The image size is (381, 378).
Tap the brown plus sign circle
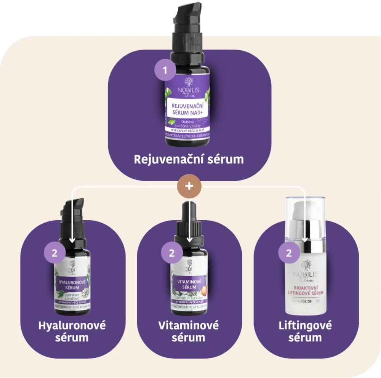tap(189, 187)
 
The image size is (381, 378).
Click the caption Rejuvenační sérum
tap(189, 159)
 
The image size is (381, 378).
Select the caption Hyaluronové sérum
tap(72, 332)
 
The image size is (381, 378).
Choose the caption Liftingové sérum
tap(305, 332)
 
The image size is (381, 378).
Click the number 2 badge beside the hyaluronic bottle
tap(54, 253)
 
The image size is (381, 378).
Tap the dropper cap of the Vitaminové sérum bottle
tap(189, 225)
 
